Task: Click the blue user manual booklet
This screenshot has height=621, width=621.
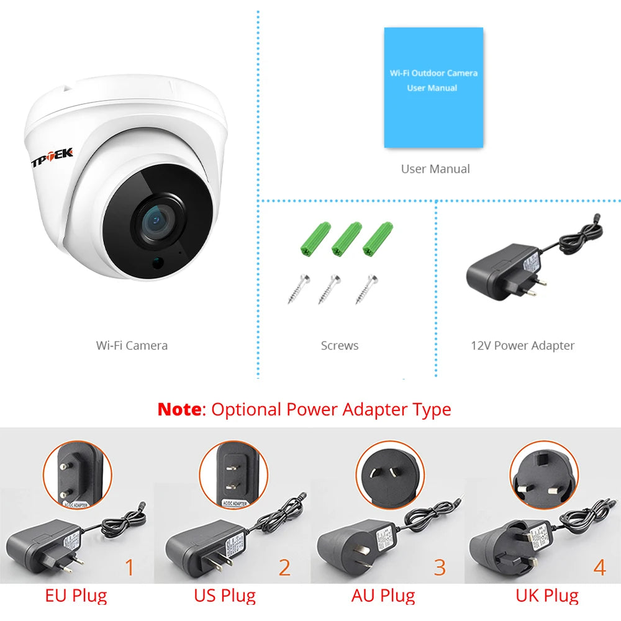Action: click(x=433, y=87)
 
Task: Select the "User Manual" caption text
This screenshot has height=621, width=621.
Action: click(x=435, y=168)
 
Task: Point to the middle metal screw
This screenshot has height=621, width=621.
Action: click(x=329, y=288)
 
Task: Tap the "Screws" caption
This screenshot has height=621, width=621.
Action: click(x=340, y=345)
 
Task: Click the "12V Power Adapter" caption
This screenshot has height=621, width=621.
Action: click(x=522, y=345)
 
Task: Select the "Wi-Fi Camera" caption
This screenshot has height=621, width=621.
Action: click(x=132, y=345)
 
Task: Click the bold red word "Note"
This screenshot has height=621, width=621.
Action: click(x=179, y=409)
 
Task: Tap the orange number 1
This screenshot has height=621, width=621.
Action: click(x=130, y=568)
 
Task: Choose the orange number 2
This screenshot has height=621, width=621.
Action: click(x=284, y=568)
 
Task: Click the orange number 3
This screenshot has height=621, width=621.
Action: click(x=440, y=568)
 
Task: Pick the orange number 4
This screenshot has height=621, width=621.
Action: click(x=599, y=568)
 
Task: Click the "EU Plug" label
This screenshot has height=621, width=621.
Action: click(x=76, y=596)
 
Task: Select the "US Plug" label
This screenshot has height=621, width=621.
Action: click(x=224, y=596)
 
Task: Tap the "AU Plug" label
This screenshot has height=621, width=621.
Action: click(x=383, y=596)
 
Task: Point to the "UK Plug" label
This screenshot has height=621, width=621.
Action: click(x=546, y=596)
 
